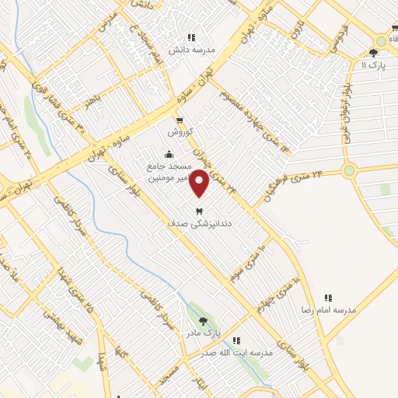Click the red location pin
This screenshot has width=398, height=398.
200,183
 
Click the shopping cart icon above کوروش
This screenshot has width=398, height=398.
180,120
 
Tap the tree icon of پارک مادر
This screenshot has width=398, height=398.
204,320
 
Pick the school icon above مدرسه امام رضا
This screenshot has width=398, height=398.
328,298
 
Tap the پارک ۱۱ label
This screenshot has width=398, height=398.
375,65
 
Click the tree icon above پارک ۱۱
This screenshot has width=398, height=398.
375,54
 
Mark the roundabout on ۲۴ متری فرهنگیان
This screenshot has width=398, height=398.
348,170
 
